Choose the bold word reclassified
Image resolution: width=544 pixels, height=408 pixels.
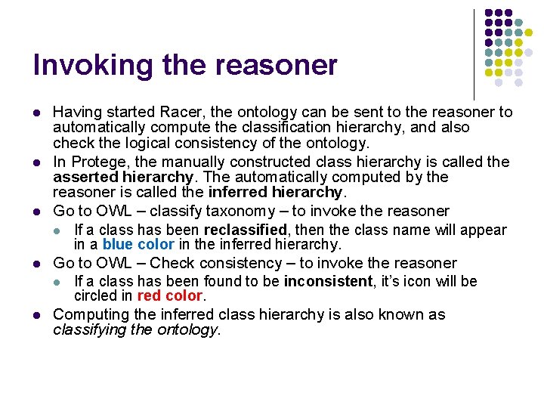click(246, 230)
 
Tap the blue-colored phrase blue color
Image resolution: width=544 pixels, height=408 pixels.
click(138, 245)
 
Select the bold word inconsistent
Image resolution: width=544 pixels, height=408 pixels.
click(327, 281)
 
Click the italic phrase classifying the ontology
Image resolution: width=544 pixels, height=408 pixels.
click(136, 329)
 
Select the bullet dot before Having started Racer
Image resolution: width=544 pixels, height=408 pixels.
click(36, 113)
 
